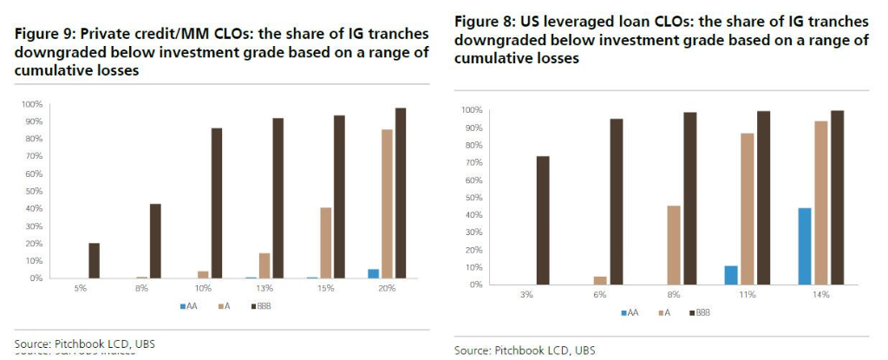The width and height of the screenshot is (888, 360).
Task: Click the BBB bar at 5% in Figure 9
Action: pyautogui.click(x=94, y=260)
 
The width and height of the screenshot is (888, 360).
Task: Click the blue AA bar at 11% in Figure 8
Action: pyautogui.click(x=730, y=275)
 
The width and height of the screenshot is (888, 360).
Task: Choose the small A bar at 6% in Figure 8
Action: pyautogui.click(x=600, y=280)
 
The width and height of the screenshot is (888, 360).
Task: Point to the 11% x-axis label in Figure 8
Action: pyautogui.click(x=747, y=295)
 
